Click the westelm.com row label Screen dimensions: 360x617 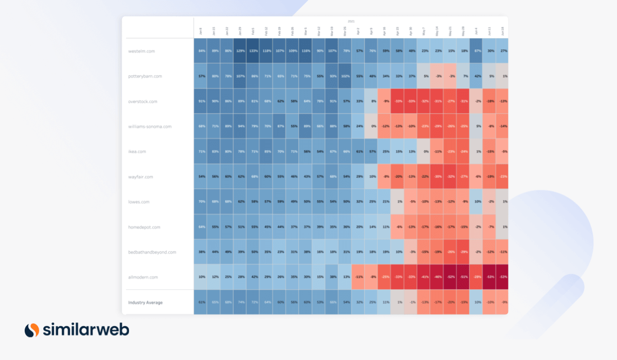click(x=142, y=51)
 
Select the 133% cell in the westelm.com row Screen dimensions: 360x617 click(x=253, y=51)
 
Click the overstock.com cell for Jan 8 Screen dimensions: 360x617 click(x=201, y=101)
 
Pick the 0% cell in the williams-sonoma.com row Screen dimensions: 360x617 click(x=372, y=127)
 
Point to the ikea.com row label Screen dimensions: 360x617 click(x=137, y=152)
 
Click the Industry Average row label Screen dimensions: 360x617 click(x=146, y=302)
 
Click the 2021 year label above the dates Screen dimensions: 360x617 click(x=351, y=21)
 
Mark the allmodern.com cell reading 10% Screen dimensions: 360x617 click(x=201, y=277)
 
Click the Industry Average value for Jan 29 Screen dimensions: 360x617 click(x=240, y=302)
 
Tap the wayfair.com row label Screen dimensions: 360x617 click(x=140, y=177)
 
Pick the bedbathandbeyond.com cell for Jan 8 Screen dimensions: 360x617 click(x=201, y=252)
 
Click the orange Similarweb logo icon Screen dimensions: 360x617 click(x=32, y=330)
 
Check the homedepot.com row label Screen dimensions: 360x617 click(x=144, y=227)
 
